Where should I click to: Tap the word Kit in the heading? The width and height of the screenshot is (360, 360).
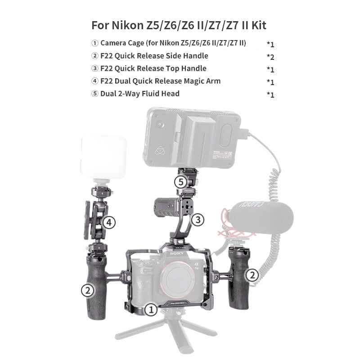point(259,25)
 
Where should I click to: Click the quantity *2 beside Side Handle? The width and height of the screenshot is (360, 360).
point(270,57)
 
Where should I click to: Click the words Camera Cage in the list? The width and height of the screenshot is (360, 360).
point(122,43)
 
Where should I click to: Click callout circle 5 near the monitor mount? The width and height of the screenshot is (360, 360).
point(181,182)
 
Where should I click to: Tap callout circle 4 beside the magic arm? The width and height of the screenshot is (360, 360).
point(109,222)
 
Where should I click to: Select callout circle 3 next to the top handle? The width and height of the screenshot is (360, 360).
point(198,220)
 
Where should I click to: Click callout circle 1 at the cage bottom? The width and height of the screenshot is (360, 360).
point(151,310)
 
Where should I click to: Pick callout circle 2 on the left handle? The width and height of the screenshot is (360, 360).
point(88,290)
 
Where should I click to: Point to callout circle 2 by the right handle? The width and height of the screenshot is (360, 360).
point(252,275)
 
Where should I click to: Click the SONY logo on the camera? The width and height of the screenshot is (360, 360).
point(177,253)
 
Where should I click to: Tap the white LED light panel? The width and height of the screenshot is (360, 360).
point(103,157)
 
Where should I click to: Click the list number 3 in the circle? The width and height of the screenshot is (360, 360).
point(94,68)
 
